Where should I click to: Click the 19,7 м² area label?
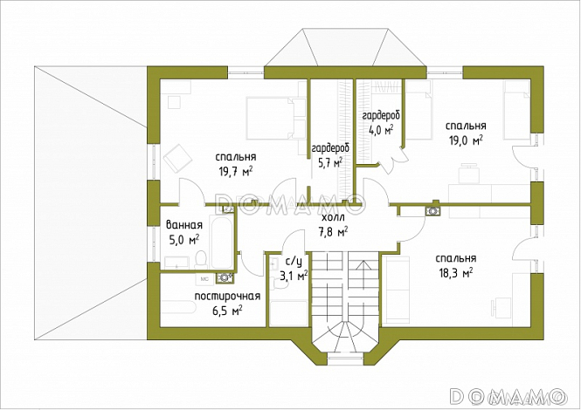236,171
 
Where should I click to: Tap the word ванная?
184,225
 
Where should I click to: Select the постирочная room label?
227,297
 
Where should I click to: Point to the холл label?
333,217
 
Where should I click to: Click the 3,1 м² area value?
294,276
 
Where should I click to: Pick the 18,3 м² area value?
455,273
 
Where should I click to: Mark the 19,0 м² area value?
466,140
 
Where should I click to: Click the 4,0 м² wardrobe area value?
381,130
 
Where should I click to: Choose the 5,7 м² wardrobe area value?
329,162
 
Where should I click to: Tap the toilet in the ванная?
200,259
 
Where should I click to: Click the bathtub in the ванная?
222,242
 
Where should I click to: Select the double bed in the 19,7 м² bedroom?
275,119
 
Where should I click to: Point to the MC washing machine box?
204,279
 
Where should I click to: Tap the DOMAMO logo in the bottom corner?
507,396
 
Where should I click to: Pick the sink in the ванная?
176,263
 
